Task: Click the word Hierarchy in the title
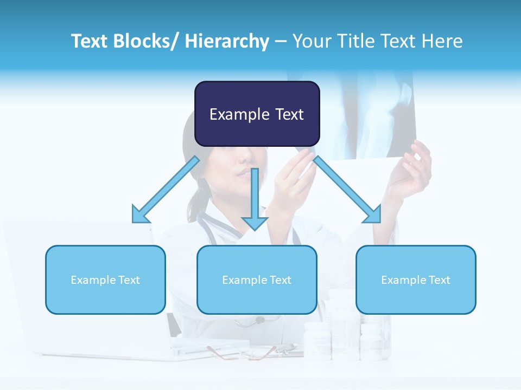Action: pos(227,41)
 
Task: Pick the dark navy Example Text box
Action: pos(257,114)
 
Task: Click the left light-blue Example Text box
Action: pos(105,279)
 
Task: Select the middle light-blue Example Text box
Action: pos(257,279)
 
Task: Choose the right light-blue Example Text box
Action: pos(416,279)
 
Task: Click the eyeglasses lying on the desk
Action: pos(244,353)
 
